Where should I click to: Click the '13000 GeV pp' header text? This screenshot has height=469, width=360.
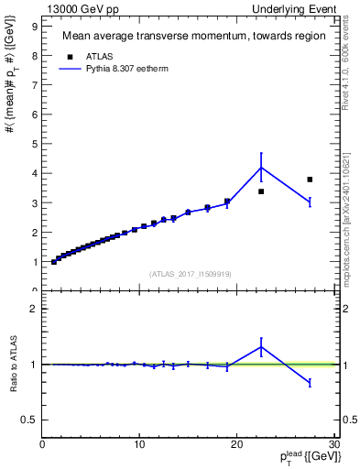tap(82, 8)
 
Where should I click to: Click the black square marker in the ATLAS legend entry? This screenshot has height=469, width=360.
tap(68, 55)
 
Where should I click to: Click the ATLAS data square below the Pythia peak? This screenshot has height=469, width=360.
tap(261, 191)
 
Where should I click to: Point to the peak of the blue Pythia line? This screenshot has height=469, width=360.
tap(261, 167)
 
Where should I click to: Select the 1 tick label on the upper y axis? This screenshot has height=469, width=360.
tap(34, 262)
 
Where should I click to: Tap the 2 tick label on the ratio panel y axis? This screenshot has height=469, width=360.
tap(34, 309)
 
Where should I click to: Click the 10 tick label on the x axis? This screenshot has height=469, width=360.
tap(139, 446)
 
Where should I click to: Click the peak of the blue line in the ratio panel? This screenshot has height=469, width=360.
tap(261, 347)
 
